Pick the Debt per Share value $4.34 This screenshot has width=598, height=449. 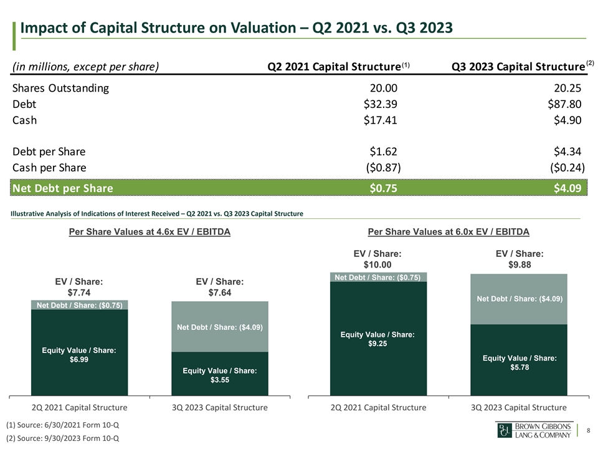(x=567, y=152)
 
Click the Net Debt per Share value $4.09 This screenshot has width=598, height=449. (x=567, y=188)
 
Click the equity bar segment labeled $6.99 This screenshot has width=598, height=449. (x=79, y=352)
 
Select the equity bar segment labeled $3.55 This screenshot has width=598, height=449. (x=220, y=374)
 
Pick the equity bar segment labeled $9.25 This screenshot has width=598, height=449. (x=378, y=340)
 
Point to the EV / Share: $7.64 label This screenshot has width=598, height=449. (x=219, y=287)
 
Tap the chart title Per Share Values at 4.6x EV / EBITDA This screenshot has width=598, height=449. (x=149, y=232)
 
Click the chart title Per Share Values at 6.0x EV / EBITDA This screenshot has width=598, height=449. (x=448, y=232)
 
